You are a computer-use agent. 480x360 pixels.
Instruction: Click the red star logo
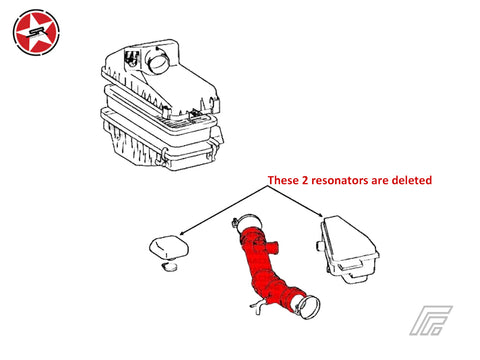point(36,32)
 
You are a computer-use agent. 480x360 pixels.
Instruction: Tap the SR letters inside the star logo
point(36,32)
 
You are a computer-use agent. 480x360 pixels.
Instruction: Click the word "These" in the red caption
point(283,180)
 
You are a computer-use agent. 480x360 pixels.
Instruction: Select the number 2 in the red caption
point(305,180)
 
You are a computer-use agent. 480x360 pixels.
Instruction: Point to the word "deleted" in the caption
point(412,180)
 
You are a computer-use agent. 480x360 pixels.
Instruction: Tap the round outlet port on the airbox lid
point(159,60)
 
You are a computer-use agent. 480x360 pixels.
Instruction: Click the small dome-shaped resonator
point(169,247)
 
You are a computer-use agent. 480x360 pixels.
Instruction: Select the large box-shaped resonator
point(347,249)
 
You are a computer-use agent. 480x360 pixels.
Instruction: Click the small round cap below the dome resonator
point(170,267)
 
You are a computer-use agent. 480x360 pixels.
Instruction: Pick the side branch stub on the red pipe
point(273,246)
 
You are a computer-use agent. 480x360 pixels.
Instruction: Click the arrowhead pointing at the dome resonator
point(183,233)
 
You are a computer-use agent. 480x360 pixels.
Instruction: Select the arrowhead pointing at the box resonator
point(320,216)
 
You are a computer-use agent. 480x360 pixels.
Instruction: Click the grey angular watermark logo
point(431,320)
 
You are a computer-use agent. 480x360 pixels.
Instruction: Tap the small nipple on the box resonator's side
point(319,246)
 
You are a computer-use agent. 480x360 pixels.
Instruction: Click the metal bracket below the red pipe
point(259,306)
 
